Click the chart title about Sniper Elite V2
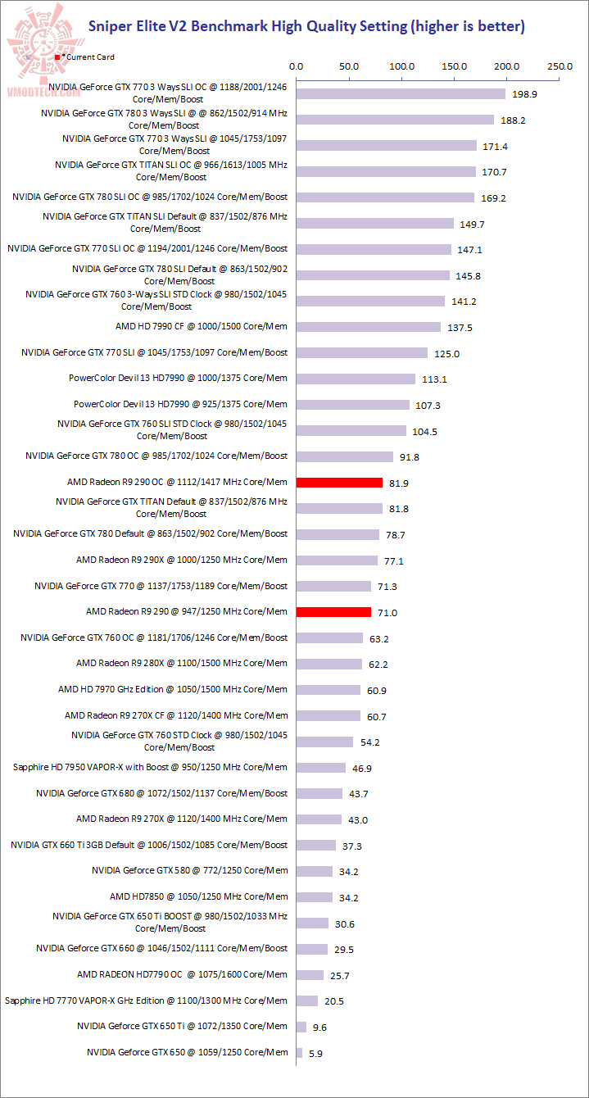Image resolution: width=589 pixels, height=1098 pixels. pos(306,26)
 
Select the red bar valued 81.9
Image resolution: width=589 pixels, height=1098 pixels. pos(339,483)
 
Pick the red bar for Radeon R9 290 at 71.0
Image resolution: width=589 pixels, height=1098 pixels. pos(333,612)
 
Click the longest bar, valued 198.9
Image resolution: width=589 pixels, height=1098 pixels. pos(401,93)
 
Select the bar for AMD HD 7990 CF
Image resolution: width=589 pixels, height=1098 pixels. pos(369,327)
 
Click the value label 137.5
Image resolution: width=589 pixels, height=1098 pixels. pos(460,328)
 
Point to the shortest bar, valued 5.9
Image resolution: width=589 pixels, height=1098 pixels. pos(299,1053)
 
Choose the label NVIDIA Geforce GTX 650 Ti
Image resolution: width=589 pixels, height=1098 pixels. pos(183,1026)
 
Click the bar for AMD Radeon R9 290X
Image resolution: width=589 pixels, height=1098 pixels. pos(337,560)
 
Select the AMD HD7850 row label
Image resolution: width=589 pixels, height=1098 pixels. pos(198,896)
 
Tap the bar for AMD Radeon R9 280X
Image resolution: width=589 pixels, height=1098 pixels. pos(328,664)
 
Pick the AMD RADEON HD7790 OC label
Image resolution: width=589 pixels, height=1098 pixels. pos(182,974)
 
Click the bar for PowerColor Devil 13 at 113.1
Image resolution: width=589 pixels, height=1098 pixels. pos(356,379)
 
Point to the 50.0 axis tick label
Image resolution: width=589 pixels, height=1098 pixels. pos(349,66)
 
